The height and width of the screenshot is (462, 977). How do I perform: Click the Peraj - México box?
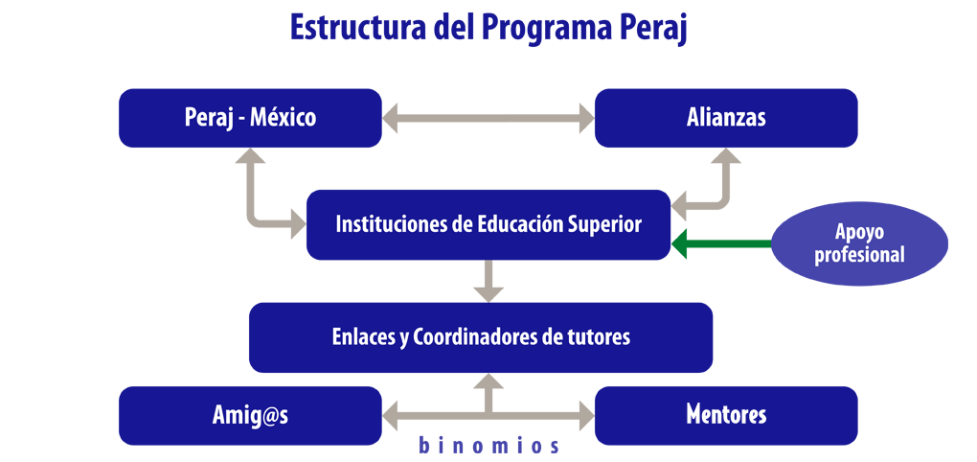[250, 118]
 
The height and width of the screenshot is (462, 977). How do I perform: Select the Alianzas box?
[726, 118]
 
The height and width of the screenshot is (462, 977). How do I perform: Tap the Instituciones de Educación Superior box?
[488, 224]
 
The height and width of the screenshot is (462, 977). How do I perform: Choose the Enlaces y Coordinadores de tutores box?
[481, 337]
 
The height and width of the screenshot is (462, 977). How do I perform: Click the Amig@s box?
[250, 415]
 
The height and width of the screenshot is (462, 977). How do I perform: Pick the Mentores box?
[726, 415]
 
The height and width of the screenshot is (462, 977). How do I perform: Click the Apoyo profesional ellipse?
[860, 243]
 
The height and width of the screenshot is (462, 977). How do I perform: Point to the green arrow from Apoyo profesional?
[721, 243]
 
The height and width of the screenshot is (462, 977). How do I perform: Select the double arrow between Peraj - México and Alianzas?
[488, 118]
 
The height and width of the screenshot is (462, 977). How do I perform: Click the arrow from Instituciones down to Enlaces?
[488, 281]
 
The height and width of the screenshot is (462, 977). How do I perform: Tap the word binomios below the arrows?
[488, 447]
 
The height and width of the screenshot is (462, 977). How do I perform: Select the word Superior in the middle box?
[605, 225]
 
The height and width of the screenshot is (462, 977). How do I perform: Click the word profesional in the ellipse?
[860, 254]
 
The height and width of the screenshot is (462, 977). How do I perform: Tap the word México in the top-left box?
[283, 117]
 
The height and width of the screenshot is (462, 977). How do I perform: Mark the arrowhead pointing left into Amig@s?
[390, 415]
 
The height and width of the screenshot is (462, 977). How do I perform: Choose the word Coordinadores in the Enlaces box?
[471, 337]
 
